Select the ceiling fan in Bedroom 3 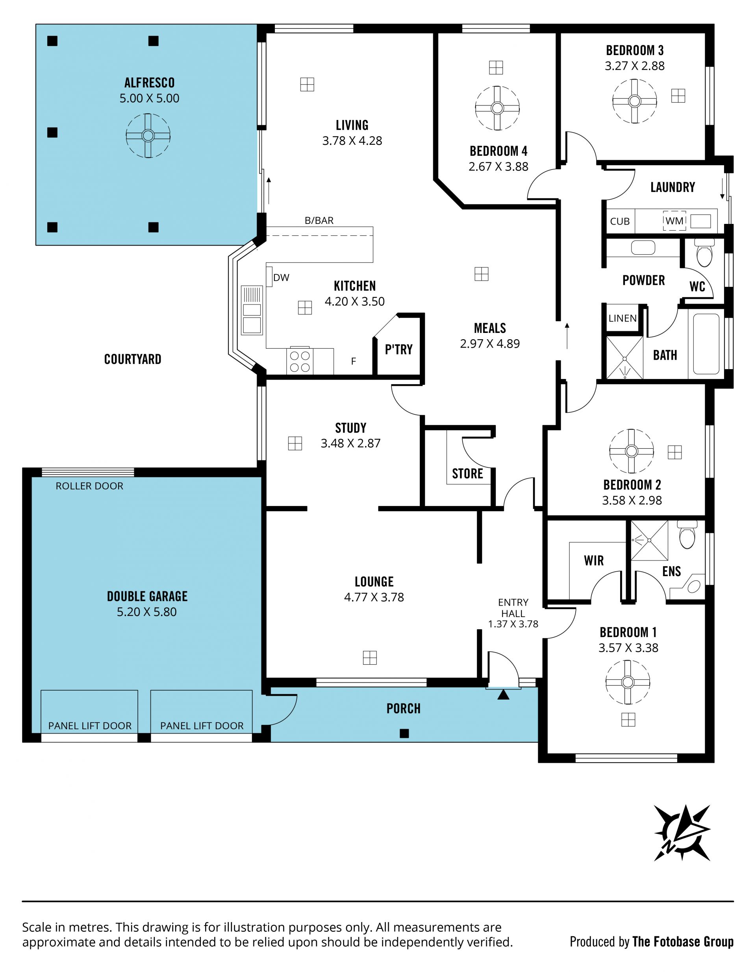tap(634, 101)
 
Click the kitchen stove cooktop tap(300, 361)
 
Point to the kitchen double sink tap(252, 310)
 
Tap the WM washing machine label tap(674, 221)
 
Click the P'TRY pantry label tap(398, 349)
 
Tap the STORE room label tap(467, 473)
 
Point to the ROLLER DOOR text tap(89, 486)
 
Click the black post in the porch tap(404, 734)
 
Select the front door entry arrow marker tap(503, 695)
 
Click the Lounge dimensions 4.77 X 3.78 tap(374, 597)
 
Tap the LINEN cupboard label tap(623, 318)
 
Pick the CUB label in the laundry tap(620, 221)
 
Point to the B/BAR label tap(319, 220)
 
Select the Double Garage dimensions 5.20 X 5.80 tap(147, 612)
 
